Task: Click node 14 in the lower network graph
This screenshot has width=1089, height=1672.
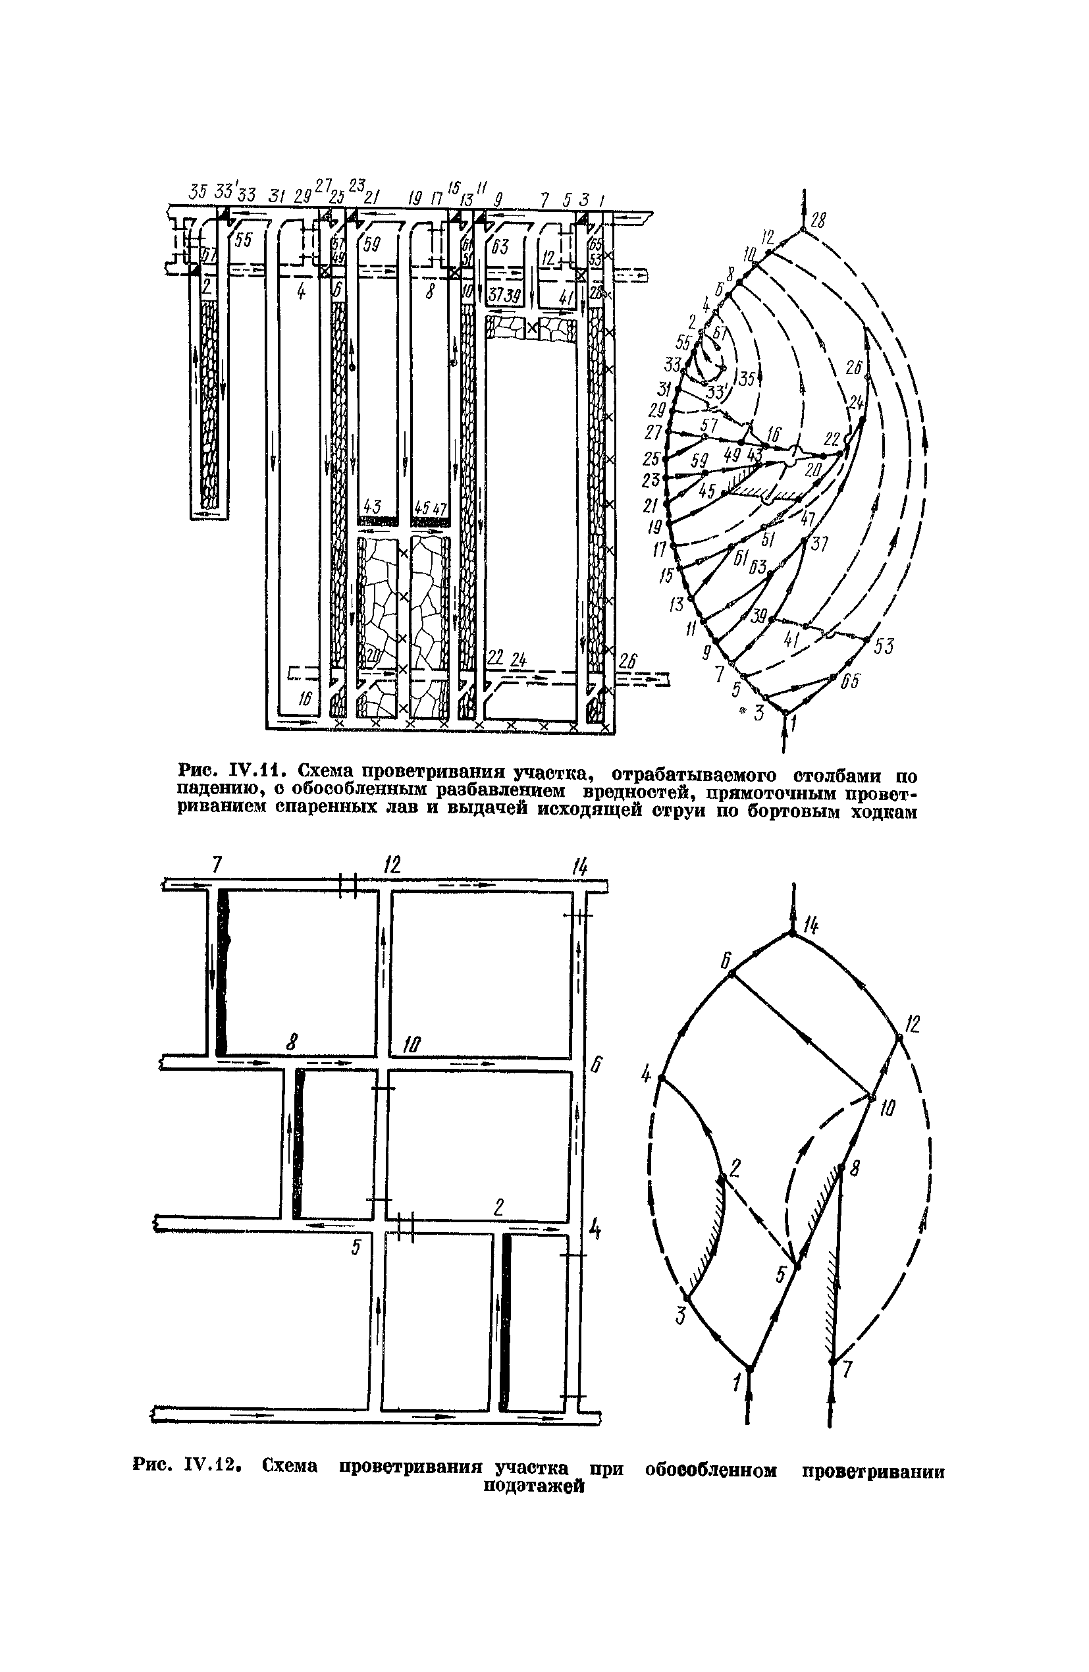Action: point(792,934)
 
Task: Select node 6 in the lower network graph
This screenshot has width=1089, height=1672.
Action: point(731,974)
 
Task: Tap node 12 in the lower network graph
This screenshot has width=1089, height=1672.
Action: point(899,1037)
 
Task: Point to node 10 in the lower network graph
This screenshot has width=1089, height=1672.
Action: point(871,1097)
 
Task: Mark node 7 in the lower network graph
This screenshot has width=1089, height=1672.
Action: point(832,1361)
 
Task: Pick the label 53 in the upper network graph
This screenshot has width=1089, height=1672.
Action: point(884,646)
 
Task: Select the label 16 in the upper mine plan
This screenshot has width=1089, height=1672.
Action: point(304,697)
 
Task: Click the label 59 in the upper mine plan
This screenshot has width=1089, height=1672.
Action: point(373,245)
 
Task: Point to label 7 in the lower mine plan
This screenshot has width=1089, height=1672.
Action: point(217,865)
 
